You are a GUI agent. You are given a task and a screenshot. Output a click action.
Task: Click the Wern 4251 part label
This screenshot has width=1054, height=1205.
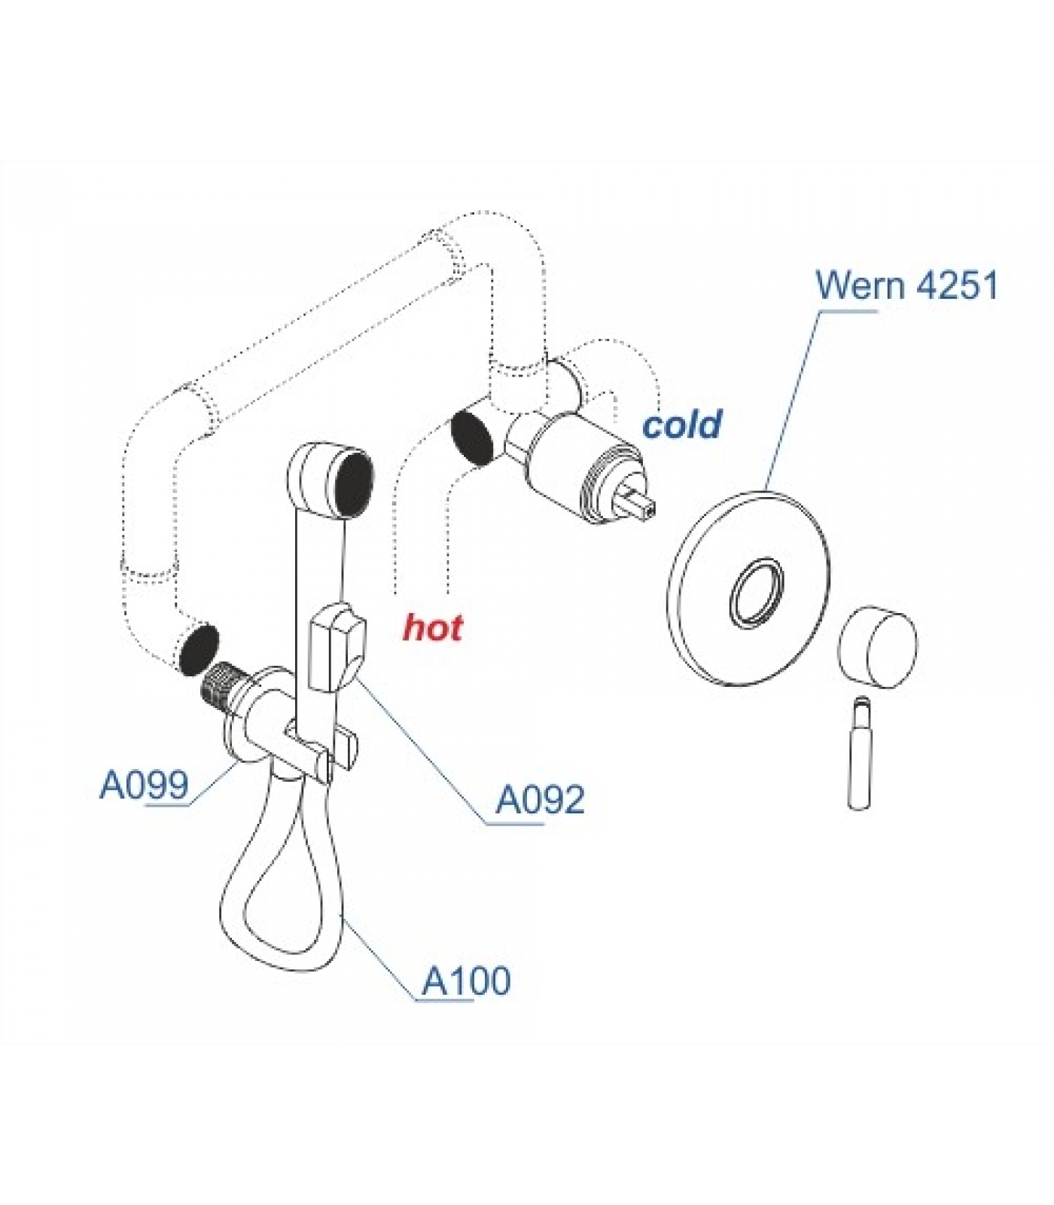(x=906, y=286)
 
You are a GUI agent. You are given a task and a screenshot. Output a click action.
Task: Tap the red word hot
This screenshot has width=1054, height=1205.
(x=433, y=627)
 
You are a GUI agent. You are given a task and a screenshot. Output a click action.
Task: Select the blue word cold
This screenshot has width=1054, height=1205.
(x=681, y=425)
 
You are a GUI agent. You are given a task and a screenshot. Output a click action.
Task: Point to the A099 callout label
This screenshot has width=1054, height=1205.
(x=144, y=786)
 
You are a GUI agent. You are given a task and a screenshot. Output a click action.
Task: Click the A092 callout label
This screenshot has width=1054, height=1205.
(x=539, y=800)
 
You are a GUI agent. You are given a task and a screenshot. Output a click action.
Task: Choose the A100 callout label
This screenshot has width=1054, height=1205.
(x=466, y=981)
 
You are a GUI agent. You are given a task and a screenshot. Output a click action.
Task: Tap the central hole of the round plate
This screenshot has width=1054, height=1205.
(x=755, y=591)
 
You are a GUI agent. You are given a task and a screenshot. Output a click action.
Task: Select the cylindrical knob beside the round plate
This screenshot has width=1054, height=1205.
(x=878, y=648)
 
